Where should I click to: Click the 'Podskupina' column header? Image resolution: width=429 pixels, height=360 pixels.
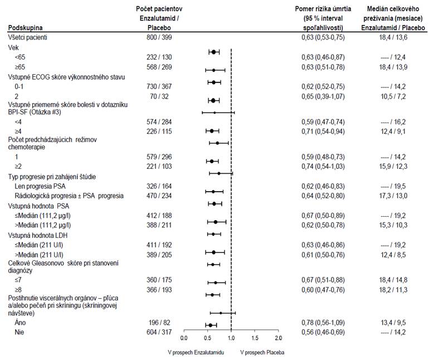(25, 28)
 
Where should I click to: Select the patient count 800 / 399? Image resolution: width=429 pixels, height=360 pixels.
(159, 37)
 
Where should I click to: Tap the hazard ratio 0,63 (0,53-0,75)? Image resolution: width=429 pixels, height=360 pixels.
(323, 37)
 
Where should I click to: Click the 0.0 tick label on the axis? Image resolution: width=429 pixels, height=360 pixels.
(184, 338)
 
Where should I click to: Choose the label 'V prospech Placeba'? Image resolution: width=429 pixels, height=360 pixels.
(262, 352)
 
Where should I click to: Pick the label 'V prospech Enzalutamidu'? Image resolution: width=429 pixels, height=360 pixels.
(196, 352)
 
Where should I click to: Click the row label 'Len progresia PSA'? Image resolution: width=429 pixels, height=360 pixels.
(40, 187)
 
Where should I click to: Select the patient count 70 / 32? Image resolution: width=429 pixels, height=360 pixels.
(159, 96)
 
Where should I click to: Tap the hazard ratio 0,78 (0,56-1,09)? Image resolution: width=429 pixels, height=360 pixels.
(323, 323)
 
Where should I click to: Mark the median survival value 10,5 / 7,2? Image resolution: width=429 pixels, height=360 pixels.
(393, 96)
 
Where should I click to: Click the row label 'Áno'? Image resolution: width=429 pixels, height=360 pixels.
(20, 322)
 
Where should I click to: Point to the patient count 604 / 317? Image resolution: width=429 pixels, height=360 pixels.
(159, 332)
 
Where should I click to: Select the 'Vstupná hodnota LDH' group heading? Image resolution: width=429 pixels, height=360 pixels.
(38, 235)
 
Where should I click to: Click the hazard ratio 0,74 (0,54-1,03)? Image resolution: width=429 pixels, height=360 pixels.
(323, 167)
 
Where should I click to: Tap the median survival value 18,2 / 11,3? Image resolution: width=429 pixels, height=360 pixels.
(393, 290)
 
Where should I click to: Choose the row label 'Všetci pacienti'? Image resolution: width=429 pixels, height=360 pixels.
(28, 37)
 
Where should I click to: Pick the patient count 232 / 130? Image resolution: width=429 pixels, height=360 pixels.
(159, 57)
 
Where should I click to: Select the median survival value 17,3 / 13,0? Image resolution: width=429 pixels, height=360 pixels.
(393, 196)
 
